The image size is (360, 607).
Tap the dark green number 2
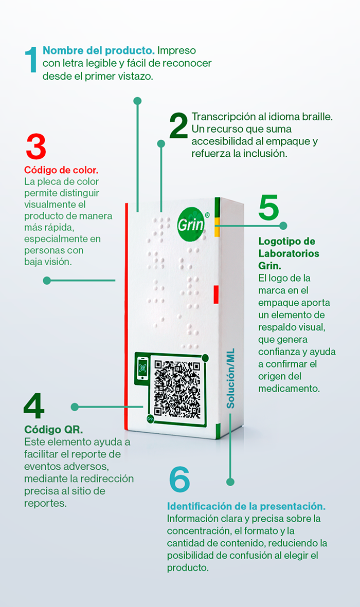click(178, 126)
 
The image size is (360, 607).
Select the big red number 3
click(35, 146)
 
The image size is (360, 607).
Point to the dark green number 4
click(34, 406)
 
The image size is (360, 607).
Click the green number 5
click(268, 208)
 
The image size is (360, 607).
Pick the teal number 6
click(179, 479)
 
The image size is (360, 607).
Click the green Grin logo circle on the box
click(191, 224)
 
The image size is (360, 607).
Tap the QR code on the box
click(177, 389)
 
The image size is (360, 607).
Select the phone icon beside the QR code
click(142, 368)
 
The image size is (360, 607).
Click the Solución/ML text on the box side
click(230, 379)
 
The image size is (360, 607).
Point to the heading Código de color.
click(61, 170)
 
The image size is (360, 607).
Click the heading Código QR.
click(53, 429)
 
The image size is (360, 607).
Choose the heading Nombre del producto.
click(98, 50)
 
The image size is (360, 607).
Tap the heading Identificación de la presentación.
click(246, 506)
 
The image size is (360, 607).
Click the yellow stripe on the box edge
click(218, 227)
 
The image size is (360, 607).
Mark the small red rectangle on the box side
click(216, 295)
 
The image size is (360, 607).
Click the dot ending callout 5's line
click(283, 225)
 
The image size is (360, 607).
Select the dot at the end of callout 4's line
click(75, 407)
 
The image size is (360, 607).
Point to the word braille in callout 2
click(317, 117)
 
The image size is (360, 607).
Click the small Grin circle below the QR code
click(150, 419)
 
